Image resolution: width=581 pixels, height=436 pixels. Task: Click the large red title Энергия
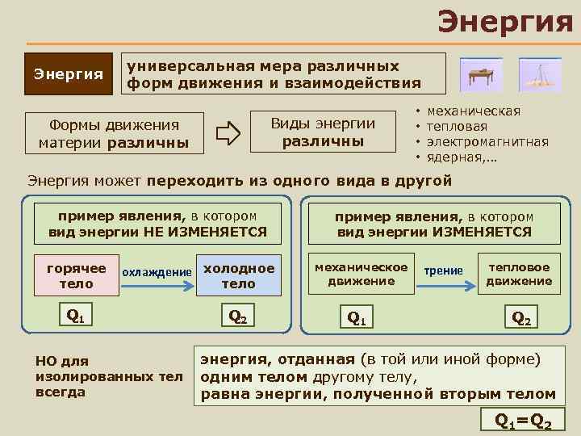pyautogui.click(x=505, y=21)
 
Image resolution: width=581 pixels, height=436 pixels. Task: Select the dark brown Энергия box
pyautogui.click(x=68, y=74)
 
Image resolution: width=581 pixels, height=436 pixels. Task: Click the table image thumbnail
pyautogui.click(x=480, y=74)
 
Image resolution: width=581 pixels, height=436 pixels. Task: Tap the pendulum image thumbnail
pyautogui.click(x=539, y=74)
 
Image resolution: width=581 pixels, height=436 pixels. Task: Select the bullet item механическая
pyautogui.click(x=473, y=111)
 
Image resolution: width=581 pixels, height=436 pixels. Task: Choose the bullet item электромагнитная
pyautogui.click(x=487, y=141)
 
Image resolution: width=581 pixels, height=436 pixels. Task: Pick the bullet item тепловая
pyautogui.click(x=457, y=127)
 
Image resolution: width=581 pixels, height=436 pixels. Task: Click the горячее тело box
pyautogui.click(x=77, y=276)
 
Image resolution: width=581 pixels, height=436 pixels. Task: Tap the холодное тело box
pyautogui.click(x=238, y=276)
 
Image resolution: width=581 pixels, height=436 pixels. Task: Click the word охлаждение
pyautogui.click(x=157, y=273)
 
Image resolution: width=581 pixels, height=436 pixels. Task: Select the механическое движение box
pyautogui.click(x=361, y=274)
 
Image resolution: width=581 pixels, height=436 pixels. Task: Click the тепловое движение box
pyautogui.click(x=519, y=274)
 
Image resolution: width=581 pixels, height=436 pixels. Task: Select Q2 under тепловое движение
pyautogui.click(x=522, y=318)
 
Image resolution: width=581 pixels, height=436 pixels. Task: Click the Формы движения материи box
pyautogui.click(x=114, y=134)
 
